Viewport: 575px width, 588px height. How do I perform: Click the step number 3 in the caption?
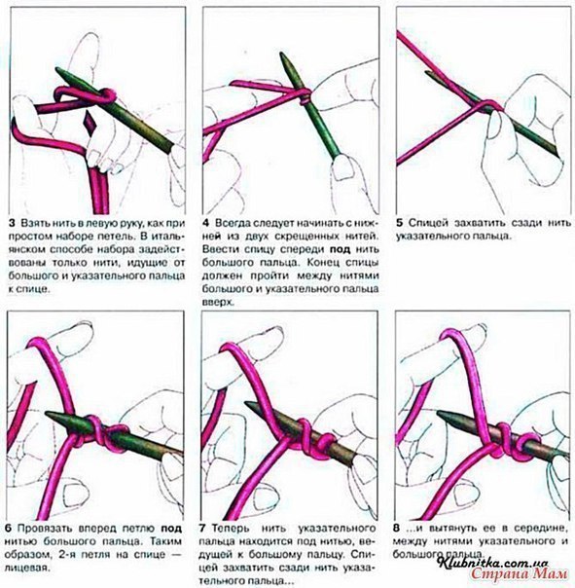point(12,223)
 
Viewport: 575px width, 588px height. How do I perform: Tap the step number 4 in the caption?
point(206,223)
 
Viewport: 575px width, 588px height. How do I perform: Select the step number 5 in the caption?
point(400,223)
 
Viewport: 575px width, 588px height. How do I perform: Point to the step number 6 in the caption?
point(9,529)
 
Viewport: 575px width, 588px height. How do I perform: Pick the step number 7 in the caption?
point(202,529)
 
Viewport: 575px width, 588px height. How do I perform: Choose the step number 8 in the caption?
point(397,529)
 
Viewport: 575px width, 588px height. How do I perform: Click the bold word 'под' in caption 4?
point(340,250)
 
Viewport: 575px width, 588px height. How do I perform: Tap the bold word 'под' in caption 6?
point(171,530)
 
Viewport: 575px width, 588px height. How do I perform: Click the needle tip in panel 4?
point(282,54)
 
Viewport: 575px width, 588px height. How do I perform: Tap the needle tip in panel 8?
point(439,413)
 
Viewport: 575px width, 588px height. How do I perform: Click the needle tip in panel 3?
point(57,69)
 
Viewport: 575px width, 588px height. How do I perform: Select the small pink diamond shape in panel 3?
point(90,121)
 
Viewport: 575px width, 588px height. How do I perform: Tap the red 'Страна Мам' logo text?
point(519,573)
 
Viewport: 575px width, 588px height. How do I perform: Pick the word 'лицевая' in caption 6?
point(27,568)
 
